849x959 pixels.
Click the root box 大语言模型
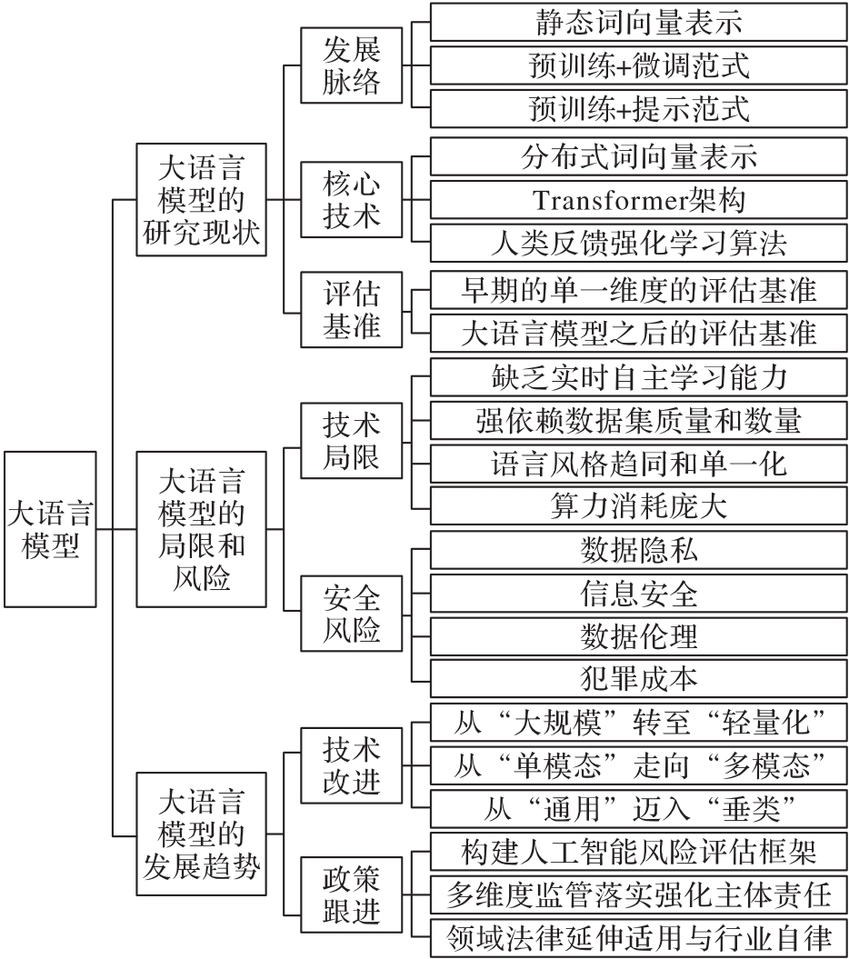(50, 529)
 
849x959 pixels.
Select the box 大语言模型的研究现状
(201, 199)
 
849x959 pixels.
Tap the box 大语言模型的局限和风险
(201, 529)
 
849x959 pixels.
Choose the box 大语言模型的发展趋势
(201, 834)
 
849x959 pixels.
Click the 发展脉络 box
(351, 65)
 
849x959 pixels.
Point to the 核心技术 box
(351, 199)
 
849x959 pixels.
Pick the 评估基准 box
(351, 309)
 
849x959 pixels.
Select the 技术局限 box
(351, 440)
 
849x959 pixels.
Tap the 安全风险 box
(351, 613)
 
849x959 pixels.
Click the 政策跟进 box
(351, 894)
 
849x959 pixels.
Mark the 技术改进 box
(351, 765)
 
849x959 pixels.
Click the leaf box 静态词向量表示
(639, 22)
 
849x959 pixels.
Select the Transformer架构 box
(639, 199)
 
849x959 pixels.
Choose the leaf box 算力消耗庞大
(639, 505)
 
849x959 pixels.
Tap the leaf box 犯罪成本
(639, 678)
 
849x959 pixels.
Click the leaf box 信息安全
(639, 593)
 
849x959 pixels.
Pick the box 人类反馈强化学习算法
(639, 243)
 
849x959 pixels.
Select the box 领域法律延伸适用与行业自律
(639, 937)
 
